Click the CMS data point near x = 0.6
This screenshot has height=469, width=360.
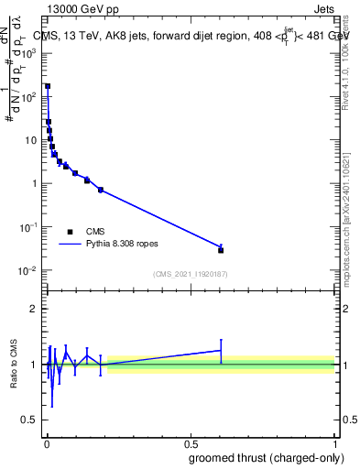(x=221, y=250)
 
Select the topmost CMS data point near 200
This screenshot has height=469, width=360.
(x=48, y=86)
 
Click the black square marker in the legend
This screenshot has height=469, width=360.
(x=70, y=232)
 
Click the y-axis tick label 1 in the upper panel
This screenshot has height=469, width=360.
(x=35, y=183)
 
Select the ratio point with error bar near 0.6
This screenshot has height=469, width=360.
(x=221, y=350)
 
